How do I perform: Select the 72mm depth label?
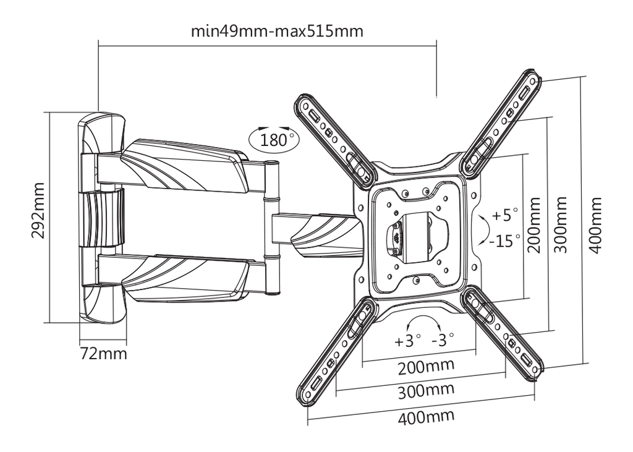click(104, 354)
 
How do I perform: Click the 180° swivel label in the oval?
click(273, 139)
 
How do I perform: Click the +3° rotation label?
click(407, 340)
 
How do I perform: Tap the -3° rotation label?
click(443, 339)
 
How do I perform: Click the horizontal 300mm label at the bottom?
click(425, 391)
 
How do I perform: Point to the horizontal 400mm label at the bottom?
click(426, 416)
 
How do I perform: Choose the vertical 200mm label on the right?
click(535, 225)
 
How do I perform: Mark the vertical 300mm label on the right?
click(561, 225)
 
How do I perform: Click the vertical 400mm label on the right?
click(595, 225)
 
